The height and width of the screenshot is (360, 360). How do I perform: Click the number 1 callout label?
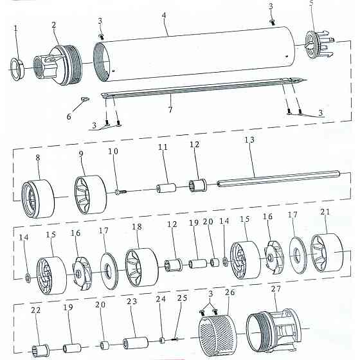[15, 28]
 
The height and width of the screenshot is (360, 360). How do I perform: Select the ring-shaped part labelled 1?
[17, 69]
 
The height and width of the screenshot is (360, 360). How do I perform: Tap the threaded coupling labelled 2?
[58, 66]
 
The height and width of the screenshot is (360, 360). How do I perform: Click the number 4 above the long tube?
[164, 15]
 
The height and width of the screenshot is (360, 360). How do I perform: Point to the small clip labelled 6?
[85, 99]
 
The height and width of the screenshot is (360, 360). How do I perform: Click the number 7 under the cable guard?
[170, 109]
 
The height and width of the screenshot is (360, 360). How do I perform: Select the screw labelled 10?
[122, 192]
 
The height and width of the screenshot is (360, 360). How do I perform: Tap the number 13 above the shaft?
[249, 139]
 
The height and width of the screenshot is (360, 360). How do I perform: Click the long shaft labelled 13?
[278, 179]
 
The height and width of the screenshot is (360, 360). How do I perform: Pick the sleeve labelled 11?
[166, 188]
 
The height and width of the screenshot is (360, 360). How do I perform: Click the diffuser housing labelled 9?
[91, 195]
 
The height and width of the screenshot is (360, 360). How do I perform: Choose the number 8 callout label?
[38, 157]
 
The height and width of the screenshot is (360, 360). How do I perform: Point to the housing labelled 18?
[142, 267]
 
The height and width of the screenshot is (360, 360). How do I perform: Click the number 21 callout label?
[325, 212]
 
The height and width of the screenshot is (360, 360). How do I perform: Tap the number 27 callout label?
[276, 289]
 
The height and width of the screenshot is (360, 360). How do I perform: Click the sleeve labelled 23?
[136, 343]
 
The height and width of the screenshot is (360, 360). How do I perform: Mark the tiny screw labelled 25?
[175, 338]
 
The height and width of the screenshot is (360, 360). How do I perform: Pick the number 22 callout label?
[35, 310]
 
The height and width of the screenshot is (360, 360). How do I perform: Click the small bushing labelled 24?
[162, 340]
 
